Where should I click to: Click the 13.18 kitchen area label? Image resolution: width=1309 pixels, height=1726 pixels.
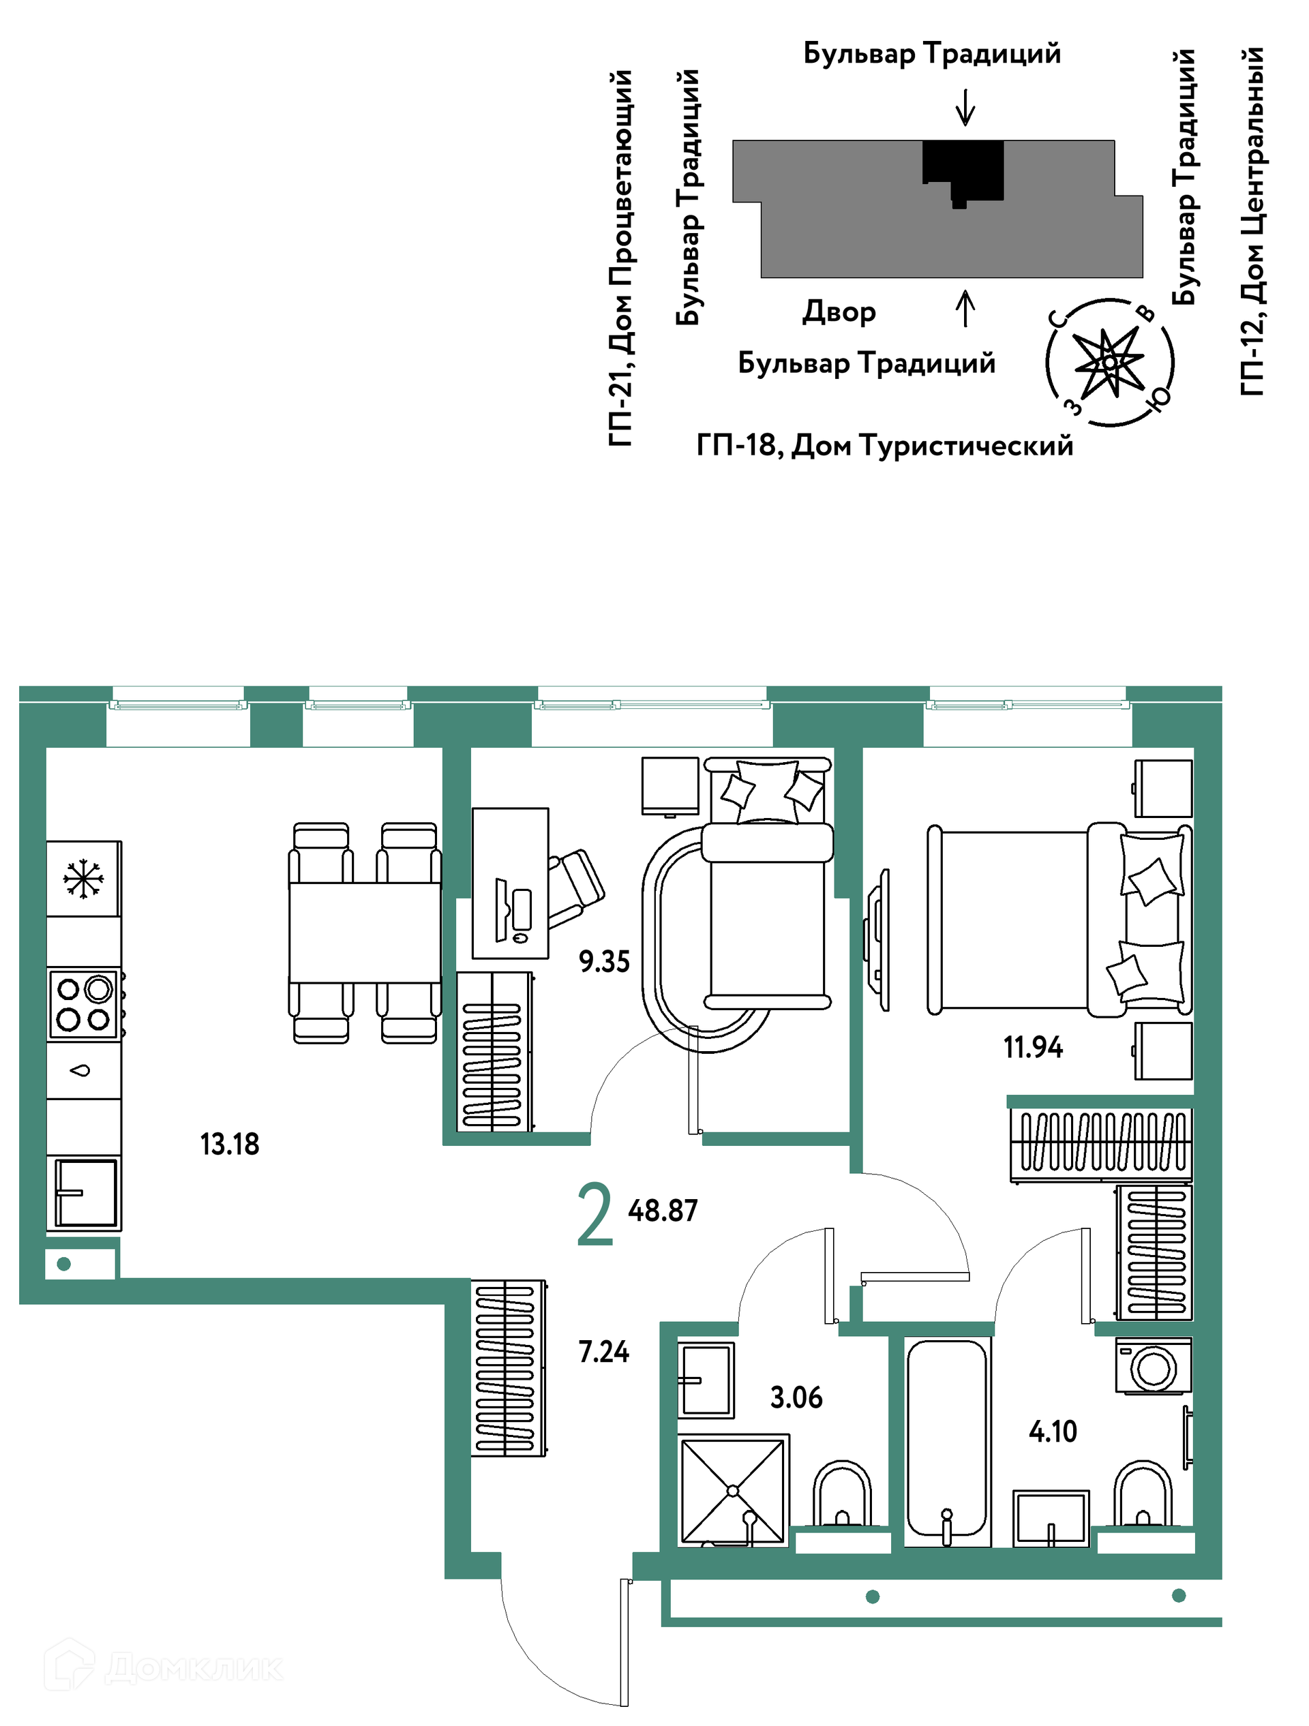(230, 1144)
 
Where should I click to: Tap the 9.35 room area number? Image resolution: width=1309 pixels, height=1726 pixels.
(604, 961)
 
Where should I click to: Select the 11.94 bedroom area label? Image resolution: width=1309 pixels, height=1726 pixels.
(1033, 1047)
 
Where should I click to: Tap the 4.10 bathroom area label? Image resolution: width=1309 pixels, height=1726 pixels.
(1053, 1431)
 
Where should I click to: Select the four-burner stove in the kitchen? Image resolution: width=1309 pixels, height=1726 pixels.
(85, 1004)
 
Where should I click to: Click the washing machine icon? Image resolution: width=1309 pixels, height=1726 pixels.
(1154, 1366)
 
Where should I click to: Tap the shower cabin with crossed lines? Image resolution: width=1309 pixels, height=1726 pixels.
(732, 1490)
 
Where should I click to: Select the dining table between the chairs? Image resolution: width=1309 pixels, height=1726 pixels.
(365, 933)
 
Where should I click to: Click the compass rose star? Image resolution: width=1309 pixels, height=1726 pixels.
(1109, 363)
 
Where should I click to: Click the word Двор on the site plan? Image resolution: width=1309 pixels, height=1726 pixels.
(839, 312)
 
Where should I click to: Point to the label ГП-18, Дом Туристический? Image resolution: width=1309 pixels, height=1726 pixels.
(884, 446)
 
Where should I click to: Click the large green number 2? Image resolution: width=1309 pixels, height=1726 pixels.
(595, 1213)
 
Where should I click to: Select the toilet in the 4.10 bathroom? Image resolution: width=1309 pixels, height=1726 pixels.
(1143, 1494)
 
